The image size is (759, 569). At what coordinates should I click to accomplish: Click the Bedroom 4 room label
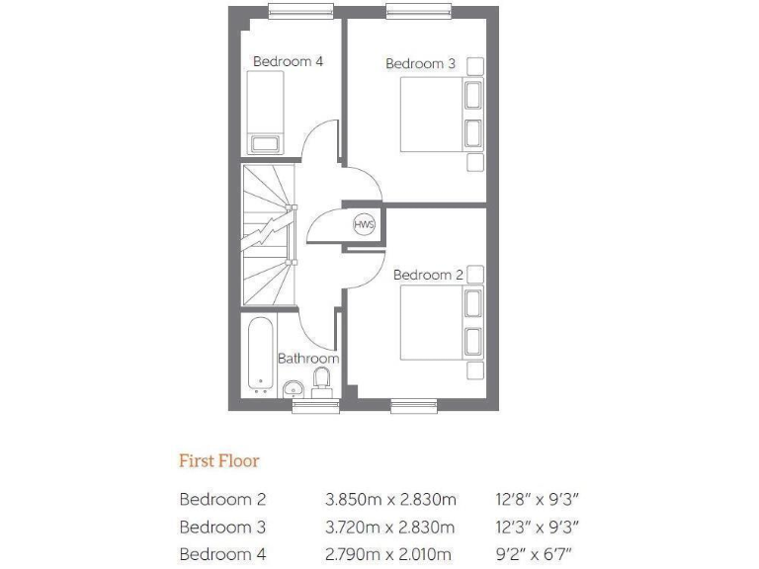click(288, 61)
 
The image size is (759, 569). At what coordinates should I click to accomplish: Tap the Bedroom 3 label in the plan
click(420, 63)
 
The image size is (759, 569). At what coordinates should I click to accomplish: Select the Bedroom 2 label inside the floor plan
click(428, 275)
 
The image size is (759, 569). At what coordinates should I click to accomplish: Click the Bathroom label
click(308, 359)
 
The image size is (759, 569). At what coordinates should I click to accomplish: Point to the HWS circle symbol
click(364, 223)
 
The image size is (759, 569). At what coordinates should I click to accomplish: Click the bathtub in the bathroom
click(261, 354)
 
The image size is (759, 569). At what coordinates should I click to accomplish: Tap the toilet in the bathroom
click(321, 379)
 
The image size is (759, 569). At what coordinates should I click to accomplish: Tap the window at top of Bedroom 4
click(299, 11)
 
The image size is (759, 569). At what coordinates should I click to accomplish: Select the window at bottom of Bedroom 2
click(414, 404)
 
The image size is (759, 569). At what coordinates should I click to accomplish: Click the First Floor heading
click(218, 460)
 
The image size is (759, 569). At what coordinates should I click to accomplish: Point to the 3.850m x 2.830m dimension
click(389, 500)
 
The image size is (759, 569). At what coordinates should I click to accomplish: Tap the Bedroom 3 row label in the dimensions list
click(222, 528)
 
